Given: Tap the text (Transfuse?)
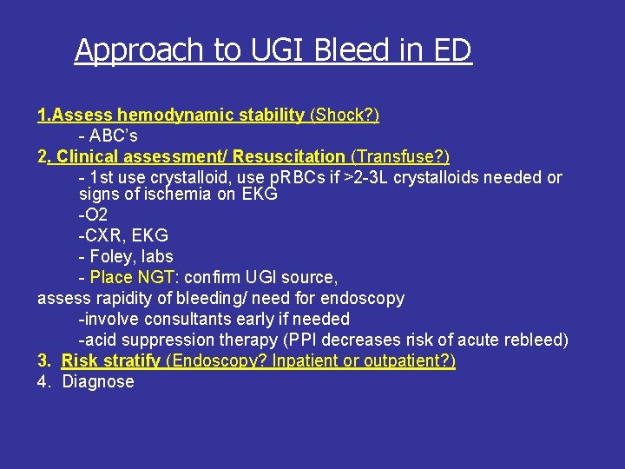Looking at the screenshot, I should tap(400, 157).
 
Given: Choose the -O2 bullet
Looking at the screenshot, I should tap(93, 215).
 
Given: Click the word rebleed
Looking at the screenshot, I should tap(536, 340).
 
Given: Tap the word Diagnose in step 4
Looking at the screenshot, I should tap(98, 381).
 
